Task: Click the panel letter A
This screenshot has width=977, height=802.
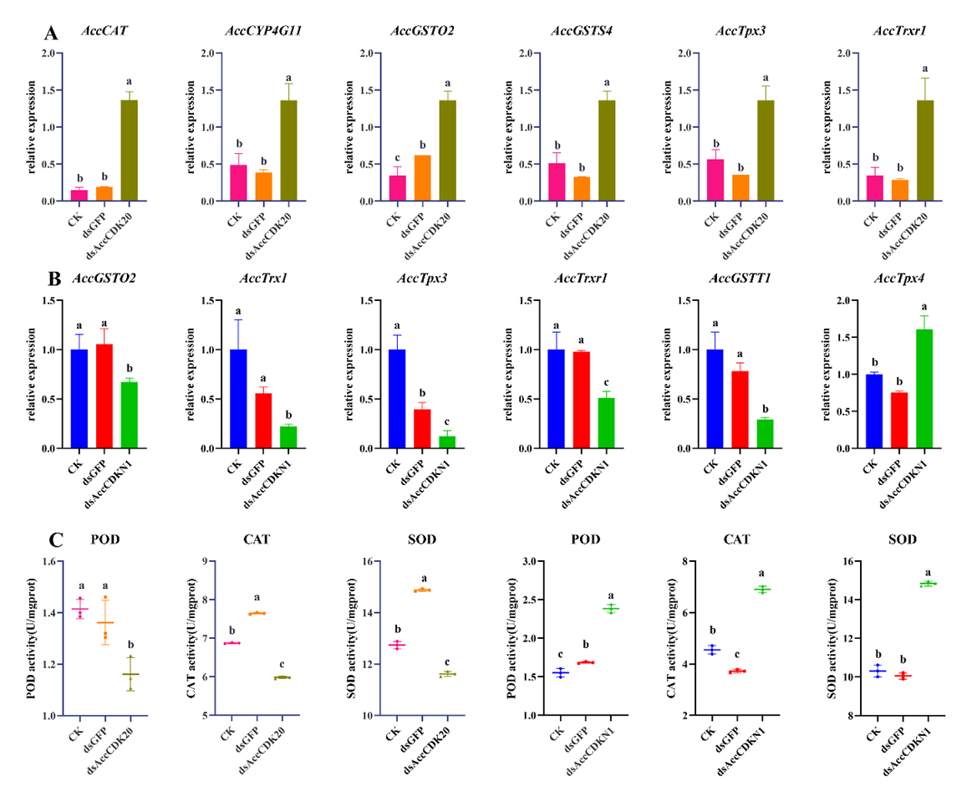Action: pos(52,33)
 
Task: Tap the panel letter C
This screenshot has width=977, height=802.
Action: pos(51,538)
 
